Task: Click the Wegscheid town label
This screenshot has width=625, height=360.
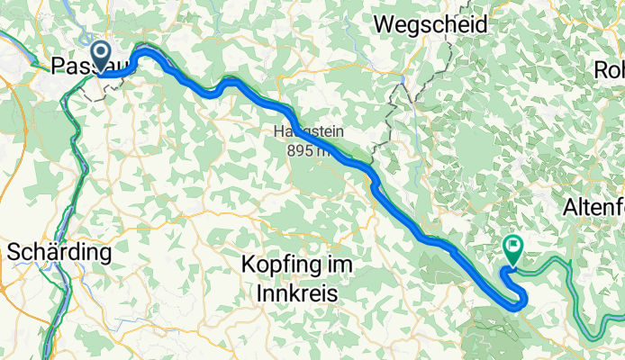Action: [430, 24]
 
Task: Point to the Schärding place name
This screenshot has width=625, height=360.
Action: [59, 252]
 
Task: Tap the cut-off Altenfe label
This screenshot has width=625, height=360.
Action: [593, 209]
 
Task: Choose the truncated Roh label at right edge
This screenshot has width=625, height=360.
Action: [609, 69]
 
